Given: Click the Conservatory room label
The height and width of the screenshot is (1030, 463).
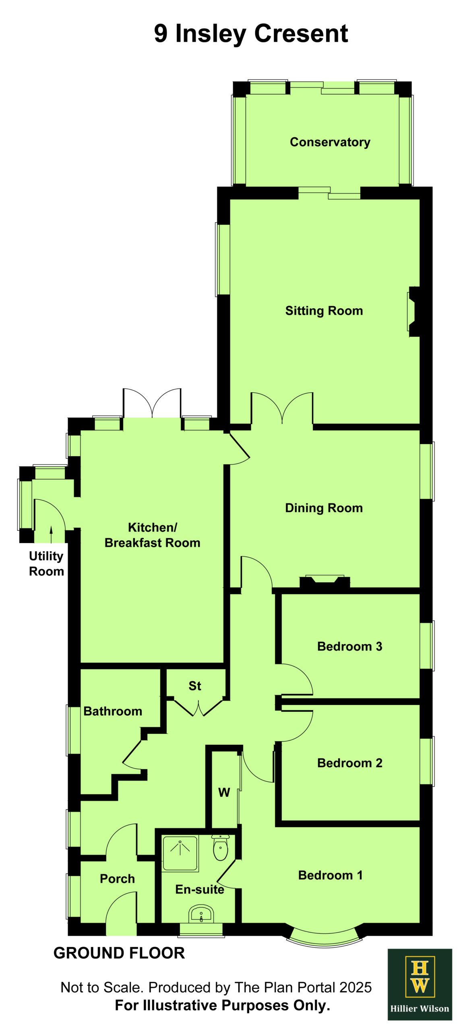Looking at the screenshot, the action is [x=330, y=142].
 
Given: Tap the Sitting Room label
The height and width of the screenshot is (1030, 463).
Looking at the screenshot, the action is [x=324, y=311].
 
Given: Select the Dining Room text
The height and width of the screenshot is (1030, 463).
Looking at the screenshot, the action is [x=324, y=508].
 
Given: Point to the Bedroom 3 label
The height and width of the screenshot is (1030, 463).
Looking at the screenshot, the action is [x=349, y=646].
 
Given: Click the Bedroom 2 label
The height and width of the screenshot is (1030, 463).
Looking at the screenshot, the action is [x=349, y=763].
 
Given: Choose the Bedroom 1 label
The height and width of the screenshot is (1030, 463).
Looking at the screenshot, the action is [x=330, y=875].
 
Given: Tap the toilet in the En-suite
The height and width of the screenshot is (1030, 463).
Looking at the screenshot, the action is [x=220, y=848].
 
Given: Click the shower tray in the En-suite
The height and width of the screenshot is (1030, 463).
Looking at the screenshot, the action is [x=180, y=853].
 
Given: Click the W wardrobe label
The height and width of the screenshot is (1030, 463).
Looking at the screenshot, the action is [x=224, y=792].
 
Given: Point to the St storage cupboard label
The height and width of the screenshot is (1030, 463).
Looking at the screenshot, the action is [x=195, y=686].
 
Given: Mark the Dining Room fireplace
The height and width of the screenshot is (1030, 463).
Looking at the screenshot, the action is [x=325, y=582].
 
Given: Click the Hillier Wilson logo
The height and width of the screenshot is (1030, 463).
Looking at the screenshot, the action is [x=420, y=984].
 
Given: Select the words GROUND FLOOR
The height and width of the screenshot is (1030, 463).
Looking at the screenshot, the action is [x=119, y=953].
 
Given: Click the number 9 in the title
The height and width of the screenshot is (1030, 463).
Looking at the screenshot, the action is [x=161, y=33].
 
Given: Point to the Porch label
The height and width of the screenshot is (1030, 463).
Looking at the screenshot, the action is [x=117, y=878].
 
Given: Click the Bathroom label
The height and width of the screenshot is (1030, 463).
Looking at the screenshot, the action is [x=113, y=711].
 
